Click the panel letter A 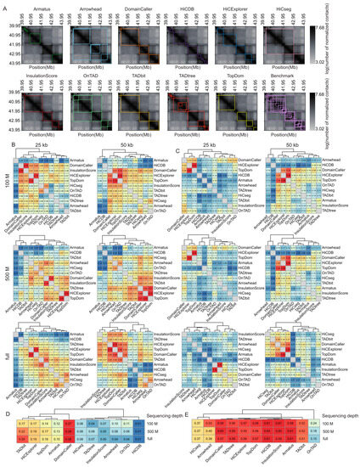tap(4, 4)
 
